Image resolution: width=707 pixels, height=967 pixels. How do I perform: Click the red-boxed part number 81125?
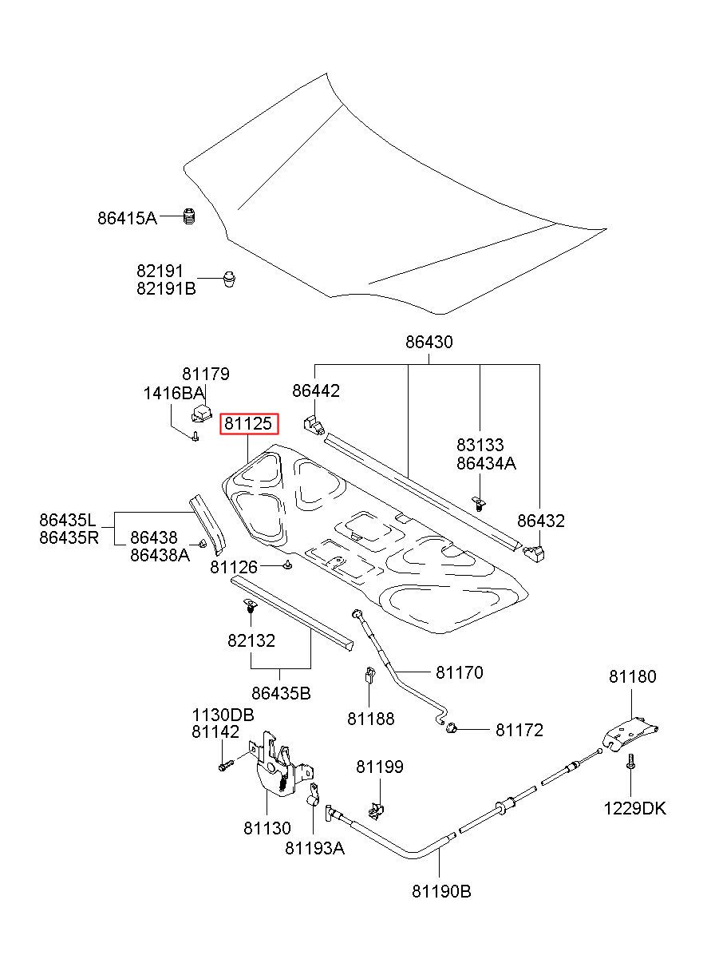tap(249, 423)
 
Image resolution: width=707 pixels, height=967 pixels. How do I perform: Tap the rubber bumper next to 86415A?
tap(189, 216)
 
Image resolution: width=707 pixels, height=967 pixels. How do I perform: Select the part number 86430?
tap(429, 342)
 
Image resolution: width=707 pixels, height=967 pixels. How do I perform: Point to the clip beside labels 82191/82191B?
tap(229, 279)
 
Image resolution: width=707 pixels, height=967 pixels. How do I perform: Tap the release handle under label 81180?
tap(630, 734)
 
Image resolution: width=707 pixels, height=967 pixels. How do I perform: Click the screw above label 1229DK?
tap(630, 766)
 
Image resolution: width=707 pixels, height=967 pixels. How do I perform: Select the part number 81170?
tap(460, 672)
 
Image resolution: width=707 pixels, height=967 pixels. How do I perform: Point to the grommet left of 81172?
tap(451, 729)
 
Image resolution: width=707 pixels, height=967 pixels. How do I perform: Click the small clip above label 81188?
tap(369, 675)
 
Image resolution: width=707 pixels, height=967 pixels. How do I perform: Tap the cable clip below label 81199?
tap(377, 810)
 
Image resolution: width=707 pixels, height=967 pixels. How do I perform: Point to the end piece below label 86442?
tap(314, 425)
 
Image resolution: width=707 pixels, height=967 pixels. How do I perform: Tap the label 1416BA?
tap(173, 393)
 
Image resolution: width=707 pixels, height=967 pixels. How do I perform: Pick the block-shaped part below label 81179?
tap(202, 412)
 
